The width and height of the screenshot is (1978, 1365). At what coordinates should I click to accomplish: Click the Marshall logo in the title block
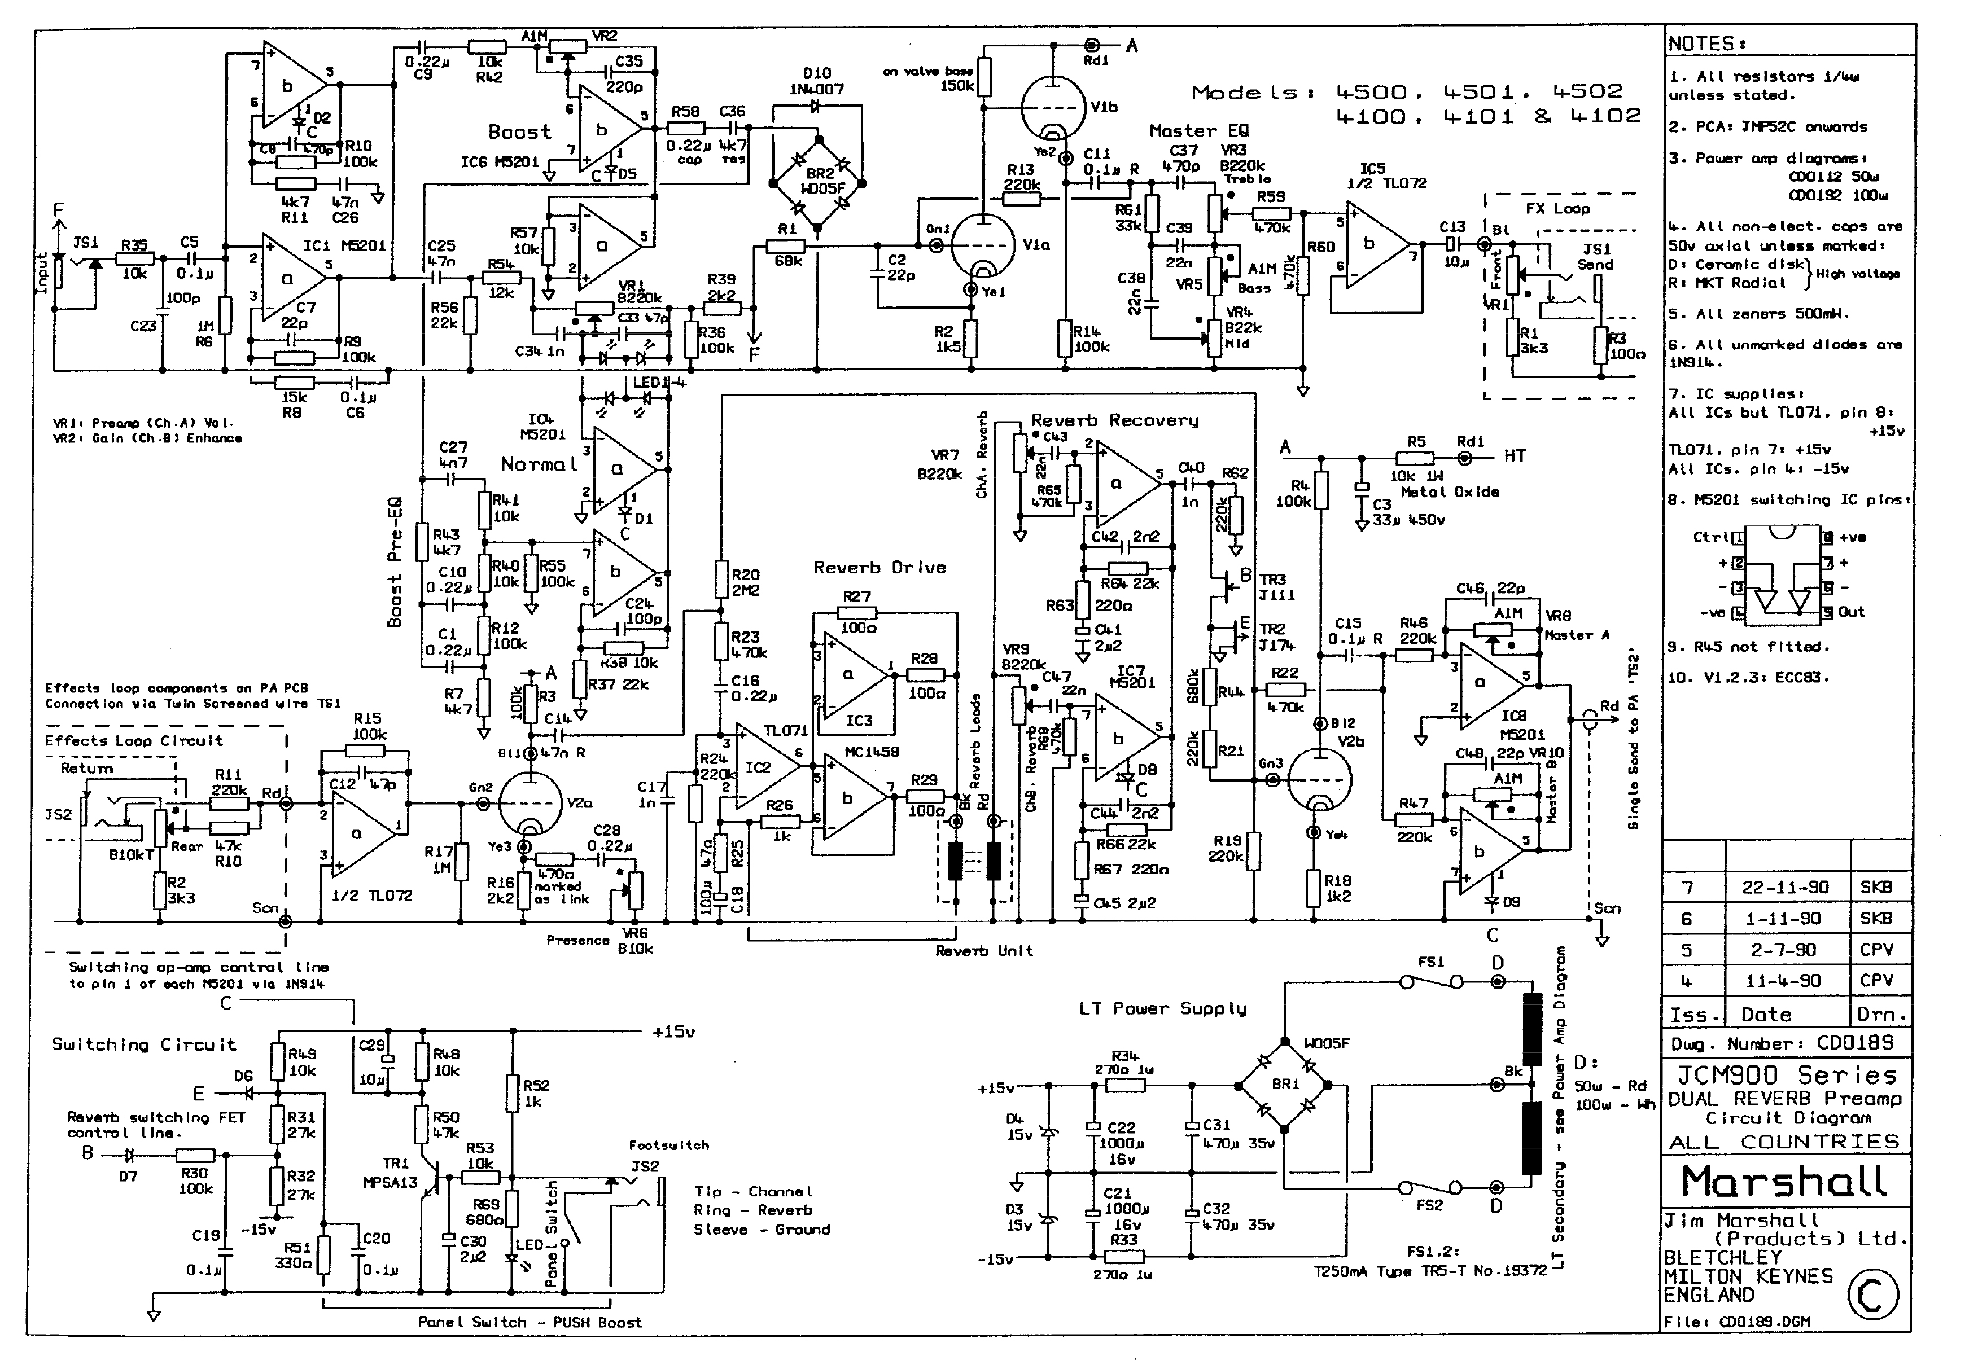click(x=1784, y=1181)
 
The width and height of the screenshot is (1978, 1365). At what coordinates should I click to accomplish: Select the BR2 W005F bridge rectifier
click(x=819, y=181)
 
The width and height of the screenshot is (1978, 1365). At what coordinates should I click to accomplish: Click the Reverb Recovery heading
click(x=1114, y=420)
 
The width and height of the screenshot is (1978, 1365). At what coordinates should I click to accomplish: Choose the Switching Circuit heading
click(x=144, y=1044)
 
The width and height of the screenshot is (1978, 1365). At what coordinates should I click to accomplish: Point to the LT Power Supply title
click(x=1162, y=1008)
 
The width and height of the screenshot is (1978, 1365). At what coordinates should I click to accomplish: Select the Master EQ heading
click(x=1198, y=131)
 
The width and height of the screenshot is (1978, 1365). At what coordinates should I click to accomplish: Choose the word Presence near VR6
click(x=577, y=941)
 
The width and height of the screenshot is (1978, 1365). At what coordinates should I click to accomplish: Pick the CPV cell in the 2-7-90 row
click(x=1875, y=949)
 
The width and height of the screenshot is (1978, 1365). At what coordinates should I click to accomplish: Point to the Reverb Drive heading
click(x=879, y=568)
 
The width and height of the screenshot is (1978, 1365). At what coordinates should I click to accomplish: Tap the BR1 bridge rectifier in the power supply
click(x=1285, y=1085)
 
